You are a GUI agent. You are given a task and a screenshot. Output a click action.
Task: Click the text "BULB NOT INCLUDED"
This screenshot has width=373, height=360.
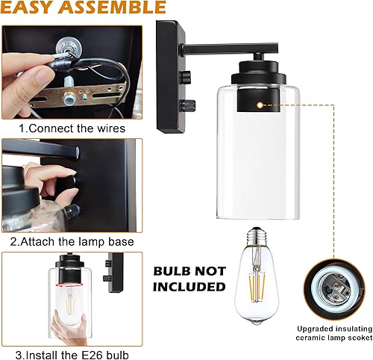(188, 277)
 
